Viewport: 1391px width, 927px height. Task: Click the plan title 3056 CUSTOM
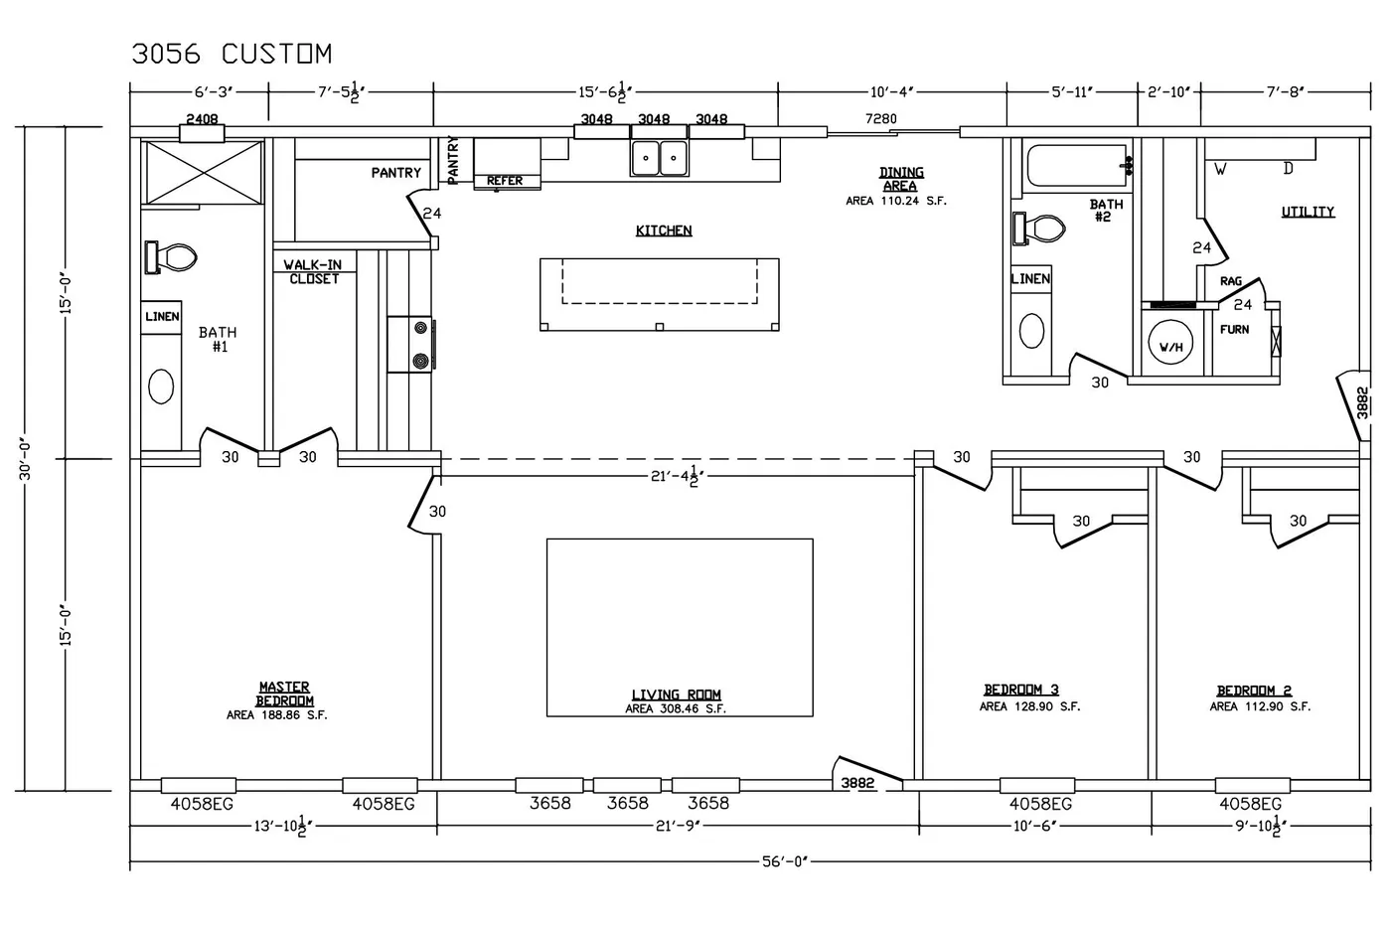[232, 54]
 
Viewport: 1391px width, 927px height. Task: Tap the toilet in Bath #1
[171, 257]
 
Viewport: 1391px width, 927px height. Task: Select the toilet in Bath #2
[1039, 229]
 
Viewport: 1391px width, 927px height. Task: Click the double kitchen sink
[660, 158]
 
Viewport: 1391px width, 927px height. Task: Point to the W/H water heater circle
[1170, 344]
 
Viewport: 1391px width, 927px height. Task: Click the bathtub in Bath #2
[1077, 166]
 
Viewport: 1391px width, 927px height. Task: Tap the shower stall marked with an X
[204, 173]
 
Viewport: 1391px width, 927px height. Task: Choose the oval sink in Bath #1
[161, 386]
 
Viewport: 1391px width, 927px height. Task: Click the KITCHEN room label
[664, 231]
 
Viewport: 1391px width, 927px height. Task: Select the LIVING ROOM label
[677, 695]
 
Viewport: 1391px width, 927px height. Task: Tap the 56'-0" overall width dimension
[785, 861]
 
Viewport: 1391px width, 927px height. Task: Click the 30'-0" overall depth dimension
[25, 460]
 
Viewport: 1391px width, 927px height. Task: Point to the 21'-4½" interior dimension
[678, 477]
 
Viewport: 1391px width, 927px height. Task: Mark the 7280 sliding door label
[881, 118]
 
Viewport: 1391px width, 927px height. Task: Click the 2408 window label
[203, 118]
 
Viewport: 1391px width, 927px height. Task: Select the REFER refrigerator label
[505, 181]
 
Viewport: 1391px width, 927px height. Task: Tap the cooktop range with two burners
[410, 345]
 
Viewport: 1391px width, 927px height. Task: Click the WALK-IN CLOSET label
[314, 272]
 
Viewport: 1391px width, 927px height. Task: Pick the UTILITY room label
[1308, 213]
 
